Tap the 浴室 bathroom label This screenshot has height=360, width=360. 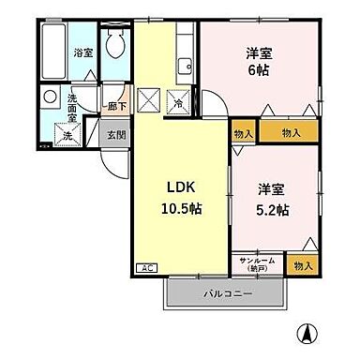pyautogui.click(x=82, y=52)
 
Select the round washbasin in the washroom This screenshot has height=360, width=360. pyautogui.click(x=49, y=97)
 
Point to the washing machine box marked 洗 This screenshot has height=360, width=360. pyautogui.click(x=68, y=135)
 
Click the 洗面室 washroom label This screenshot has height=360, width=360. pyautogui.click(x=73, y=109)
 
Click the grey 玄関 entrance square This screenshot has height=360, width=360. pyautogui.click(x=113, y=134)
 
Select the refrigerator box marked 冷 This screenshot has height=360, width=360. pyautogui.click(x=178, y=102)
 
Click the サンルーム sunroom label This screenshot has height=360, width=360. pyautogui.click(x=257, y=262)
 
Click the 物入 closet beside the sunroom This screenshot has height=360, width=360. pyautogui.click(x=303, y=266)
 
